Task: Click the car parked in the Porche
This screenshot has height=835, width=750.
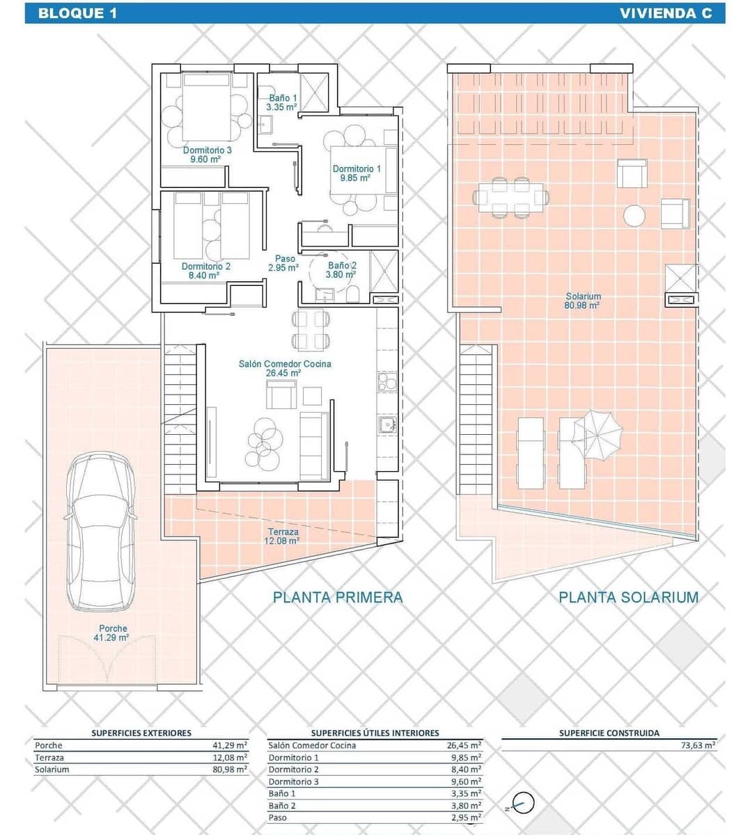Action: coord(100,532)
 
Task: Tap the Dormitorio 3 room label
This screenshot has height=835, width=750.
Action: coord(207,154)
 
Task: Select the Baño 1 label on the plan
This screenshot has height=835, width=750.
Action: coord(283,102)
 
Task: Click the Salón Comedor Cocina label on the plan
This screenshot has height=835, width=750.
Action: coord(284,368)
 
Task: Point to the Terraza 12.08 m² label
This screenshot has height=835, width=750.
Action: coord(283,536)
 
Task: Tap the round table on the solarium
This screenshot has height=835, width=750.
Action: coord(634,216)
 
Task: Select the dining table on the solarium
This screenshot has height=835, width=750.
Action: coord(510,198)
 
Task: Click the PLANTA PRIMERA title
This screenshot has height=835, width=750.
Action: coord(338,597)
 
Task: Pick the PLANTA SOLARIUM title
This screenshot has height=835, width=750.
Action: coord(628,597)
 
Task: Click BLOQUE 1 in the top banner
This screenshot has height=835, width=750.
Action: coord(77,13)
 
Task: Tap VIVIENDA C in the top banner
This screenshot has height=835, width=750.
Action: coord(665,13)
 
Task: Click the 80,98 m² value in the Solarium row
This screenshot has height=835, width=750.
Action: coord(230,770)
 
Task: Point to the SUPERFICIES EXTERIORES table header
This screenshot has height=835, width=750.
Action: coord(141,733)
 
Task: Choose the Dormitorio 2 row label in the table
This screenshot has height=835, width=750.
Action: coord(293,770)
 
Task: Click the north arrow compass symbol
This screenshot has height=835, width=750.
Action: coord(522,803)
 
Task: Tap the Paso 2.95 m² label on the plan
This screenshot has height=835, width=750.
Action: coord(284,263)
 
